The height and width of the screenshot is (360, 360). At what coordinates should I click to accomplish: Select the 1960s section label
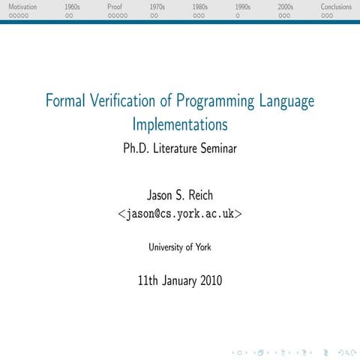coord(72,7)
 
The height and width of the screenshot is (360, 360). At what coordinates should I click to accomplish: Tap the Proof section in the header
coord(115,7)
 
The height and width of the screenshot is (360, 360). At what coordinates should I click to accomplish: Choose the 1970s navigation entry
coord(157,7)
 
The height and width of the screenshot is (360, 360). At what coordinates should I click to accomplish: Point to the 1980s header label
coord(200,7)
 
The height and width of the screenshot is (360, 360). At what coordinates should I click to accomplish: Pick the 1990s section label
coord(242,7)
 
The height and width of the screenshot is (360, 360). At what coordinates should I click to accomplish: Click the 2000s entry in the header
coord(286,7)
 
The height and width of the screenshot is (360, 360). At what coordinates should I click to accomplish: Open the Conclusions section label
coord(336,7)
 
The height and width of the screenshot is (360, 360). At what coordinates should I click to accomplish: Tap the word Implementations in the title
coord(180,123)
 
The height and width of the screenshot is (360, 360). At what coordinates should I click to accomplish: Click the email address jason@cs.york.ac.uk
coord(180,214)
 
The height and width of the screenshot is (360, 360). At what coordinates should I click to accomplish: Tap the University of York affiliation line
coord(180,246)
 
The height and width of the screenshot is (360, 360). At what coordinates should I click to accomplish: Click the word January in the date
coord(170,281)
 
